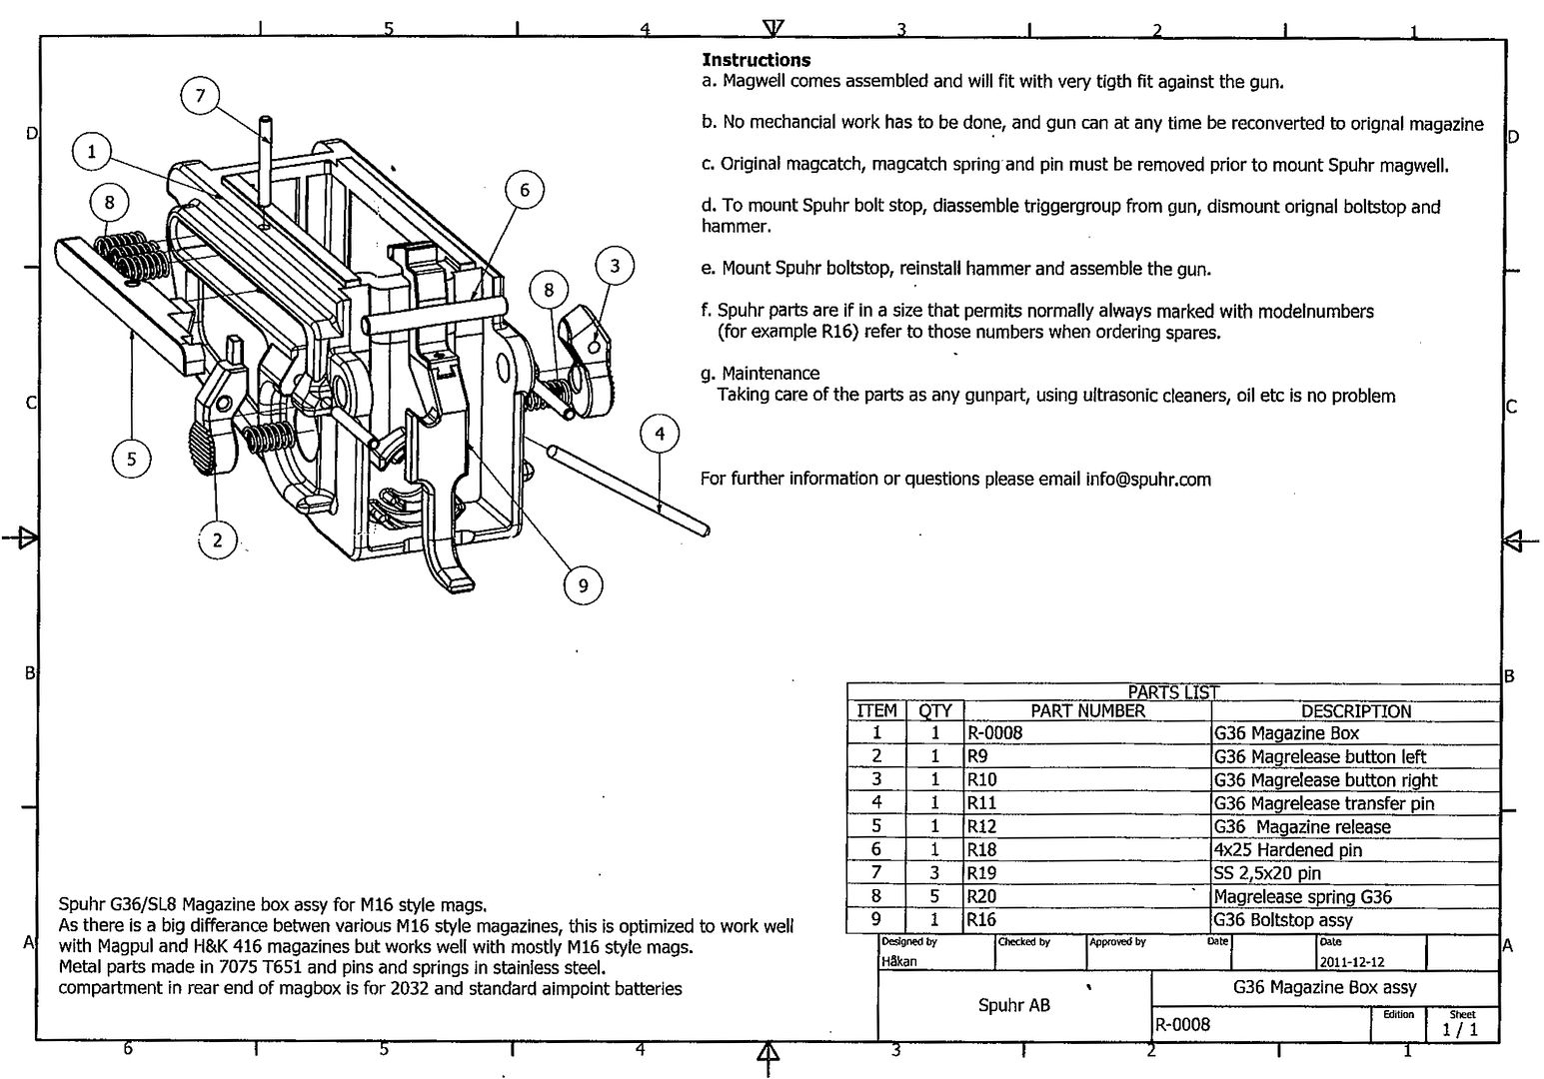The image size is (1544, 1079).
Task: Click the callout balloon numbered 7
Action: tap(200, 96)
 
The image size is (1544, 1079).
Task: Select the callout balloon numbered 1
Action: tap(92, 152)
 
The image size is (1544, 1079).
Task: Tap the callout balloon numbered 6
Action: tap(524, 190)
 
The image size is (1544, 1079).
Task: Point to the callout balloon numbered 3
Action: tap(615, 266)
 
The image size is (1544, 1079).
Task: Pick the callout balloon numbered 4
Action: tap(660, 435)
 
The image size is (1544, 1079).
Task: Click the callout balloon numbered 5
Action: tap(131, 460)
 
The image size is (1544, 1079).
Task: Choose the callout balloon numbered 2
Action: tap(217, 541)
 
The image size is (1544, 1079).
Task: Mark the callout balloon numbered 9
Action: tap(584, 586)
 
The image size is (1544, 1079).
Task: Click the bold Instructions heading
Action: tap(756, 60)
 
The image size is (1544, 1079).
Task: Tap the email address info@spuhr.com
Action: tap(1148, 479)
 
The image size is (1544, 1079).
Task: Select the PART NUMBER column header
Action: tap(1087, 711)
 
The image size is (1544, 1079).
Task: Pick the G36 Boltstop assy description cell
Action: tap(1283, 920)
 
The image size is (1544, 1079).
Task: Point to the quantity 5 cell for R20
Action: tap(934, 896)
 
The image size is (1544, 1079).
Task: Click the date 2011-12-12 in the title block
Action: tap(1351, 962)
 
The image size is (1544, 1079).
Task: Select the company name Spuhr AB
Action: tap(1013, 1005)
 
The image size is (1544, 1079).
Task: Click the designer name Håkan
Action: tap(898, 962)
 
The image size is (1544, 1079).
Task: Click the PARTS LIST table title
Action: tap(1173, 691)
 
